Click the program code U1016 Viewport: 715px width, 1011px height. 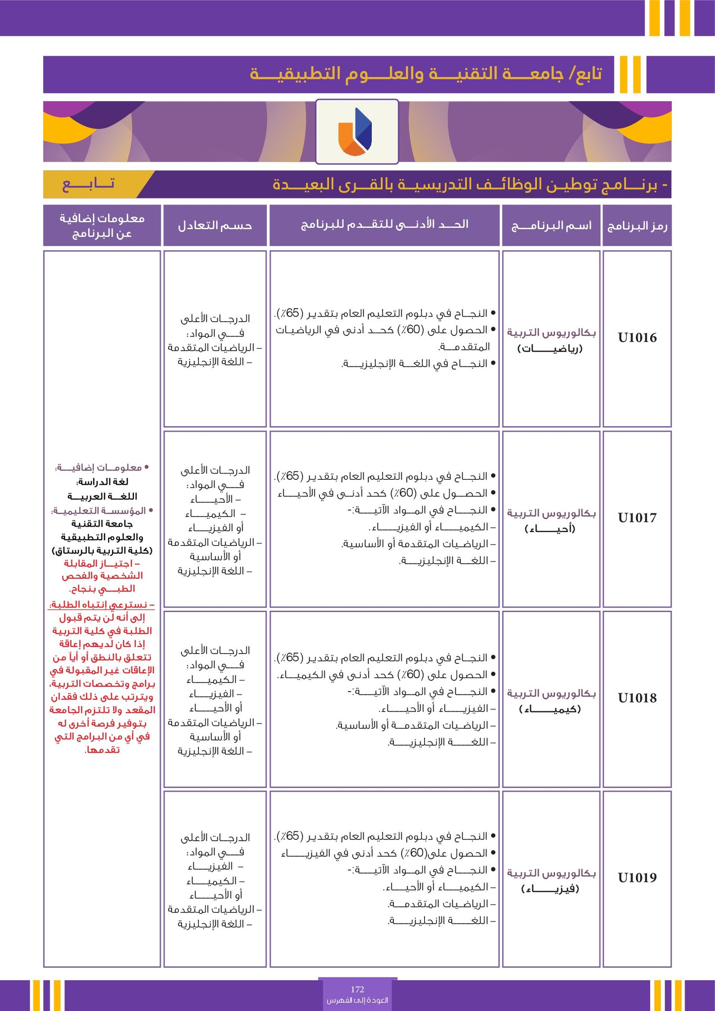[x=637, y=338]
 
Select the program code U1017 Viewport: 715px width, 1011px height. [x=637, y=518]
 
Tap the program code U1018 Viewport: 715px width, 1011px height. [x=637, y=698]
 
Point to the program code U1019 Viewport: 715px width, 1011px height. [x=637, y=877]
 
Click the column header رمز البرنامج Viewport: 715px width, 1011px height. [x=637, y=226]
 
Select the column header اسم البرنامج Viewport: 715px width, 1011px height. [x=551, y=226]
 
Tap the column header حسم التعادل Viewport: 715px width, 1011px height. [x=215, y=226]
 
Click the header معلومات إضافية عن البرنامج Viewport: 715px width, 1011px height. [x=102, y=226]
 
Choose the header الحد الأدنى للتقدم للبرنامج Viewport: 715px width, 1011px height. [x=384, y=225]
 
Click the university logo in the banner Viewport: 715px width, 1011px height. [x=357, y=131]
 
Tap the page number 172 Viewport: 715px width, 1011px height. [x=357, y=989]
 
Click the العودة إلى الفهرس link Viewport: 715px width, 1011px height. [x=357, y=1000]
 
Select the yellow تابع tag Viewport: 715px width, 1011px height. [x=88, y=184]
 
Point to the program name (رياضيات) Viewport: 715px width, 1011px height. [x=550, y=348]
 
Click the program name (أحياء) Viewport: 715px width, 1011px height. [x=550, y=529]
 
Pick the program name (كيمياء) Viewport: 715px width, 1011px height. [x=550, y=709]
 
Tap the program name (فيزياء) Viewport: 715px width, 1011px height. [x=550, y=889]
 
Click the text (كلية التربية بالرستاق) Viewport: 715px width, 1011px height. [x=102, y=550]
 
